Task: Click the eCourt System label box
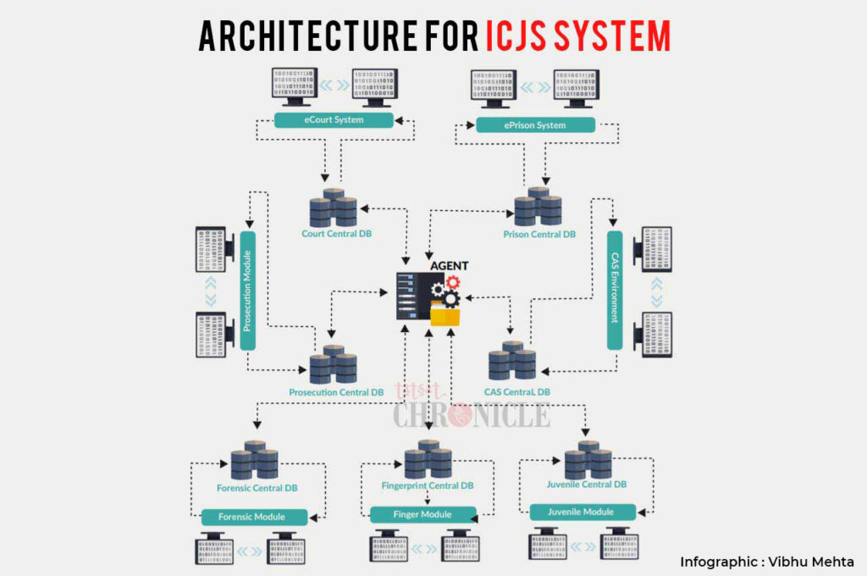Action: [334, 120]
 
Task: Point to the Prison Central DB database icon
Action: [538, 207]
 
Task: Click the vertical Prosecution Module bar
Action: [247, 290]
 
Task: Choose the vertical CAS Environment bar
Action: [615, 290]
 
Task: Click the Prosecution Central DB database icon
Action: [333, 365]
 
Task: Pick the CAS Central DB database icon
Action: [512, 361]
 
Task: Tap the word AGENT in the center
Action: [449, 266]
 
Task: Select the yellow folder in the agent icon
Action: [446, 315]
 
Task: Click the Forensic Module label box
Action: [251, 516]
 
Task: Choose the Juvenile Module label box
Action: [583, 512]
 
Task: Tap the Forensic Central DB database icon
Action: [255, 461]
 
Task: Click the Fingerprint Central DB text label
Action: [427, 485]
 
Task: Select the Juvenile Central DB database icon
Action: [588, 460]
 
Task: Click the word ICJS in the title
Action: [520, 36]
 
